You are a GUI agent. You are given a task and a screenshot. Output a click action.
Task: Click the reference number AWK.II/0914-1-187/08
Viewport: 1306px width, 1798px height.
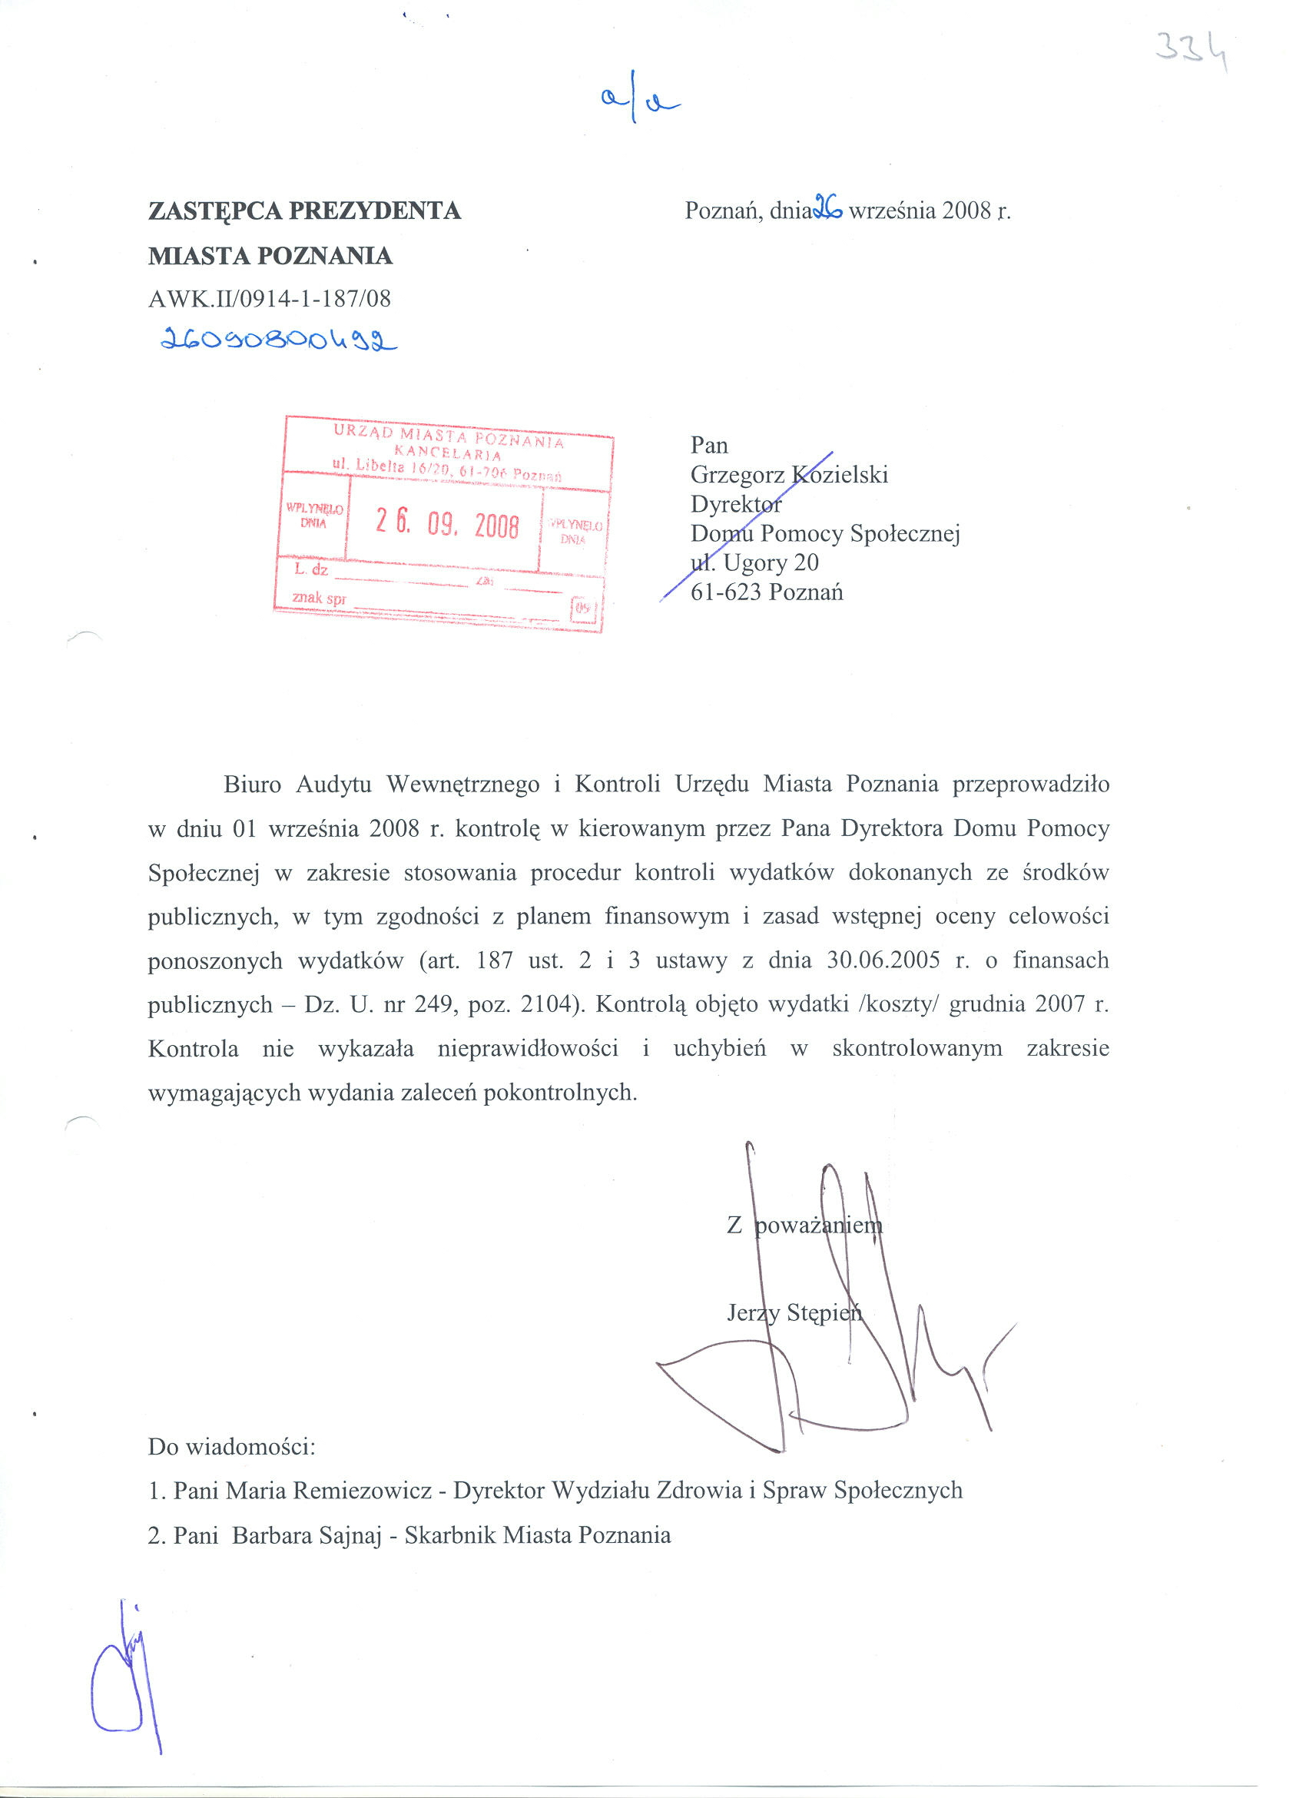[270, 299]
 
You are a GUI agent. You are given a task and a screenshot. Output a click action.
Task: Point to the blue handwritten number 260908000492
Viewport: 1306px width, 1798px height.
[278, 340]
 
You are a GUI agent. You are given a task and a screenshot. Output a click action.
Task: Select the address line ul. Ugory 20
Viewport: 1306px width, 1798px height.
[754, 563]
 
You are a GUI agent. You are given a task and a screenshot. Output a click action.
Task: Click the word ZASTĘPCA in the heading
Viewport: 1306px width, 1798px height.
[214, 211]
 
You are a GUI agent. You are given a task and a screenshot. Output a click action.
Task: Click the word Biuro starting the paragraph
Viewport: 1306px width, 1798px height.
[252, 785]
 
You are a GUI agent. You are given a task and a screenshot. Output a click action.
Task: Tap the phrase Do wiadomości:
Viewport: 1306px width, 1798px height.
[231, 1447]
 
